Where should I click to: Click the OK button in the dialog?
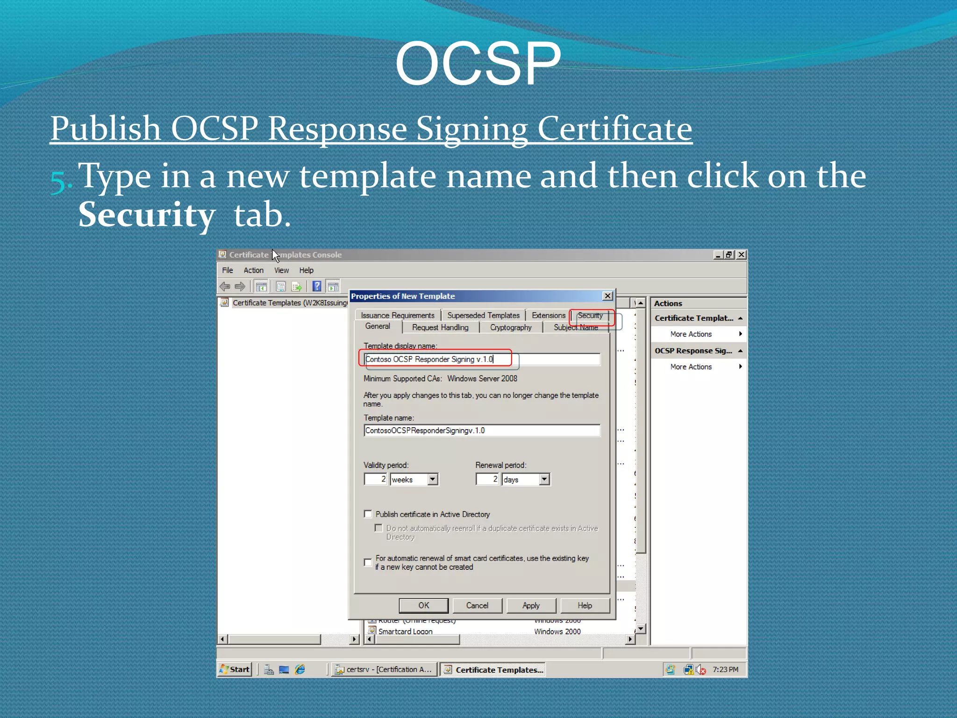point(423,605)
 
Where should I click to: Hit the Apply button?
point(531,605)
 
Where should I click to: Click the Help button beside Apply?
point(585,605)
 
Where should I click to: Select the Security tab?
point(590,316)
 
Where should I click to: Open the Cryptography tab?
point(511,328)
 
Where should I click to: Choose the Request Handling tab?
point(440,328)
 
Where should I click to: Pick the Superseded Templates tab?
point(483,316)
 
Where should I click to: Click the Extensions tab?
point(548,316)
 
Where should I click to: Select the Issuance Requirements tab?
point(398,316)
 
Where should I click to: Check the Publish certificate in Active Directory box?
point(368,514)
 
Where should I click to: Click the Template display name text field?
point(481,359)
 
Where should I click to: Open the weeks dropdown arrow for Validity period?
point(433,479)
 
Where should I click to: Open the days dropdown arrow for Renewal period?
point(544,479)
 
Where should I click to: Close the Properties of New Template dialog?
point(607,296)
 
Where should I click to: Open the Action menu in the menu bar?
point(253,270)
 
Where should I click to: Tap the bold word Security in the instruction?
point(147,215)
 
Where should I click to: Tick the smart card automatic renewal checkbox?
point(368,562)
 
